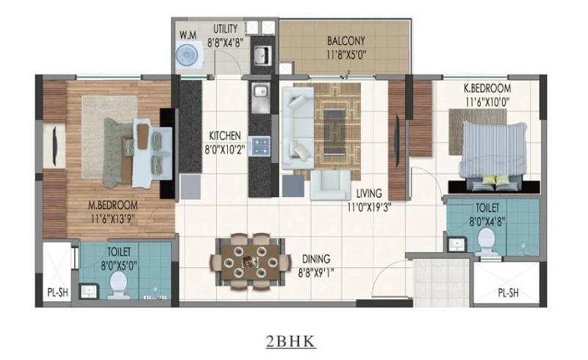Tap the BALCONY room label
coord(345,40)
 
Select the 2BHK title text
coord(291,341)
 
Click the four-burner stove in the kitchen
coord(261,146)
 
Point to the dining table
coord(251,262)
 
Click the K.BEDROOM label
coord(487,88)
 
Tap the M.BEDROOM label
coord(112,205)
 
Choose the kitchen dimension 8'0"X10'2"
coord(225,150)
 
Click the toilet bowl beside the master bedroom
coord(119,285)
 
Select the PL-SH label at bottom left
coord(58,292)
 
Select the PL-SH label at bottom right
coord(508,293)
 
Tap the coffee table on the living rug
coord(334,132)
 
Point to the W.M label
coord(187,35)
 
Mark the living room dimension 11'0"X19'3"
coord(369,206)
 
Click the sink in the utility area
coord(262,55)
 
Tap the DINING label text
coord(316,259)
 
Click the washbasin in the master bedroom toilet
coord(89,291)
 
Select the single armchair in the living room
coord(331,185)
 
